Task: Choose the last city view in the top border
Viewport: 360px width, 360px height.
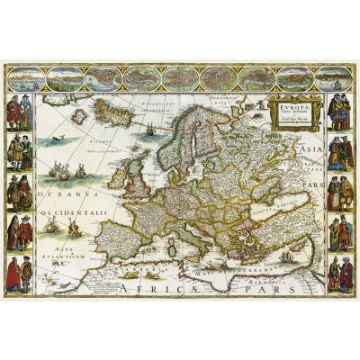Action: [337, 77]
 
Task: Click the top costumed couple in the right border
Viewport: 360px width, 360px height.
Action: [338, 112]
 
